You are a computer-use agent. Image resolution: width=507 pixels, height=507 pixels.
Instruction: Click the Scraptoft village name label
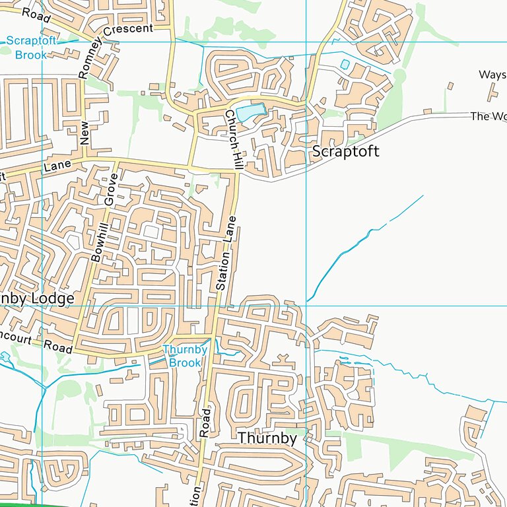(x=345, y=151)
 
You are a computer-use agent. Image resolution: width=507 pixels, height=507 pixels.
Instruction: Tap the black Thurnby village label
(x=267, y=438)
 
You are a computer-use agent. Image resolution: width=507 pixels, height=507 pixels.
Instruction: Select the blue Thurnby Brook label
(x=185, y=356)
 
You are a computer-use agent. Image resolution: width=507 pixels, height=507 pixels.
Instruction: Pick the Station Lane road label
(x=226, y=253)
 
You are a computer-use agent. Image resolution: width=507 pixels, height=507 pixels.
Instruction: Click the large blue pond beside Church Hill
(x=250, y=113)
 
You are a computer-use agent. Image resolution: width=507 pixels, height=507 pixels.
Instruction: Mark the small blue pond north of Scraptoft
(x=345, y=65)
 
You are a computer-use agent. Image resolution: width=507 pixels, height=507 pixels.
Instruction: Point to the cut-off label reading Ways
(x=492, y=75)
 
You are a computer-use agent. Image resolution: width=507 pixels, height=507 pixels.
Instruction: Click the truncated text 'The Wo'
(x=488, y=116)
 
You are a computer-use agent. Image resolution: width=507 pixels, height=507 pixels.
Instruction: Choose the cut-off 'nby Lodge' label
(x=37, y=298)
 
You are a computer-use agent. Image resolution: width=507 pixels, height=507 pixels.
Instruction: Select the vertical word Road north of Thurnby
(x=205, y=422)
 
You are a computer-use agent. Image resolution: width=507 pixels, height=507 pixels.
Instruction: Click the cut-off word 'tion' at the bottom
(x=195, y=494)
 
